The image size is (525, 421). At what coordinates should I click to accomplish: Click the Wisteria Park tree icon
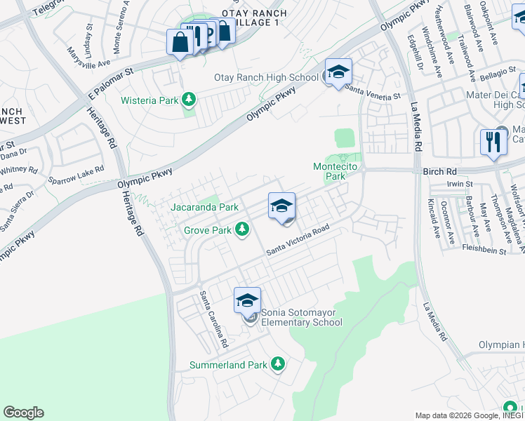188,100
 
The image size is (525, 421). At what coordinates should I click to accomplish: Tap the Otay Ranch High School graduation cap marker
338,72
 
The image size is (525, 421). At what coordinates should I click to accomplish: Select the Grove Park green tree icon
242,229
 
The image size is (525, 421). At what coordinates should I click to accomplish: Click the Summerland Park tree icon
279,364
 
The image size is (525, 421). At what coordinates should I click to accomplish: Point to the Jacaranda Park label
205,207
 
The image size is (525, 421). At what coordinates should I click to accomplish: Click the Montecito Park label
329,171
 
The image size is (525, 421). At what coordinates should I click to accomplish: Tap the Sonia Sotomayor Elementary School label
302,318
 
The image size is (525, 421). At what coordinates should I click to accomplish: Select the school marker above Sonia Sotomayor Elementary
247,301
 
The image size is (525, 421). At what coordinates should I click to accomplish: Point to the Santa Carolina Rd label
214,320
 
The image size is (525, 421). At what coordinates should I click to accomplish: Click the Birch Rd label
440,171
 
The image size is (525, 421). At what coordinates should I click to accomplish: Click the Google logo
23,413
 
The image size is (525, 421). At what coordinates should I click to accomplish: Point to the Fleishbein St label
484,248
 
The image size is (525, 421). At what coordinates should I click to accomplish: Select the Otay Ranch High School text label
267,78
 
